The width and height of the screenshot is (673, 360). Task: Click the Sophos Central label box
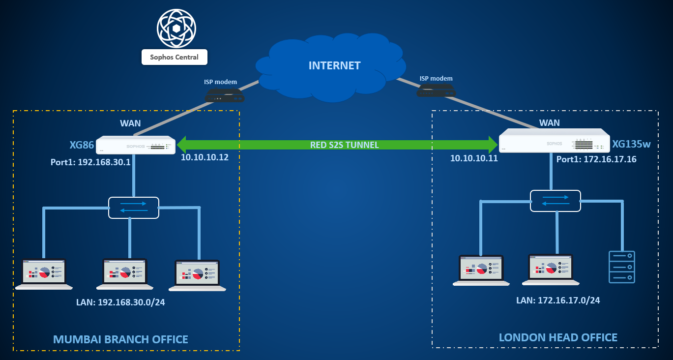[x=174, y=57]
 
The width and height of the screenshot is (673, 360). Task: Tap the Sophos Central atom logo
[x=176, y=28]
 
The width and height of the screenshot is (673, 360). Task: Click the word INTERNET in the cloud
[x=334, y=65]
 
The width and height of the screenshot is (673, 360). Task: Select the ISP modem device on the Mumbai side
[x=224, y=95]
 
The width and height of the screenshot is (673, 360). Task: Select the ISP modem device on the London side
[x=436, y=90]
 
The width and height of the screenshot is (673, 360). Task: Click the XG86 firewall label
[x=82, y=145]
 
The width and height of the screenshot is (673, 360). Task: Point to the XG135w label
[x=631, y=145]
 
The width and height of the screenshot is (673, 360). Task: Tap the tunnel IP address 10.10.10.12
[x=205, y=158]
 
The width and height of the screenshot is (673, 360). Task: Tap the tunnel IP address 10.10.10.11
[x=474, y=158]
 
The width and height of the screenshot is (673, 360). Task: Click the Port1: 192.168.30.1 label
[x=90, y=162]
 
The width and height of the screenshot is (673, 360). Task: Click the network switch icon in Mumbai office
[x=134, y=208]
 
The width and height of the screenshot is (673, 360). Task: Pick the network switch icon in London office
[x=556, y=201]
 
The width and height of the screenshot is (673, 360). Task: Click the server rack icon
[x=622, y=267]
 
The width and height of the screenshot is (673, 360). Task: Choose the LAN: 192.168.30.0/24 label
[x=120, y=302]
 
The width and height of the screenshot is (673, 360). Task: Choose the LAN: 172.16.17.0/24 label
[x=558, y=300]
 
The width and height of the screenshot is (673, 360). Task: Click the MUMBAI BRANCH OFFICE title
[x=120, y=339]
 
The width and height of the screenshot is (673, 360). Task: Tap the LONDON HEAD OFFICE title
[x=558, y=337]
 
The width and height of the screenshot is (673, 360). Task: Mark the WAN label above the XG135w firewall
[x=550, y=122]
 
